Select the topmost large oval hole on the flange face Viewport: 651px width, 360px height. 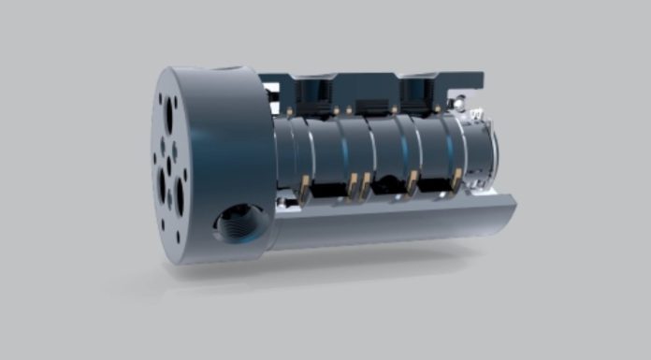[168, 117]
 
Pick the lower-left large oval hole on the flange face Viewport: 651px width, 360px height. [162, 184]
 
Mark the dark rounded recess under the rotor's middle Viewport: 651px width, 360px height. [385, 184]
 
